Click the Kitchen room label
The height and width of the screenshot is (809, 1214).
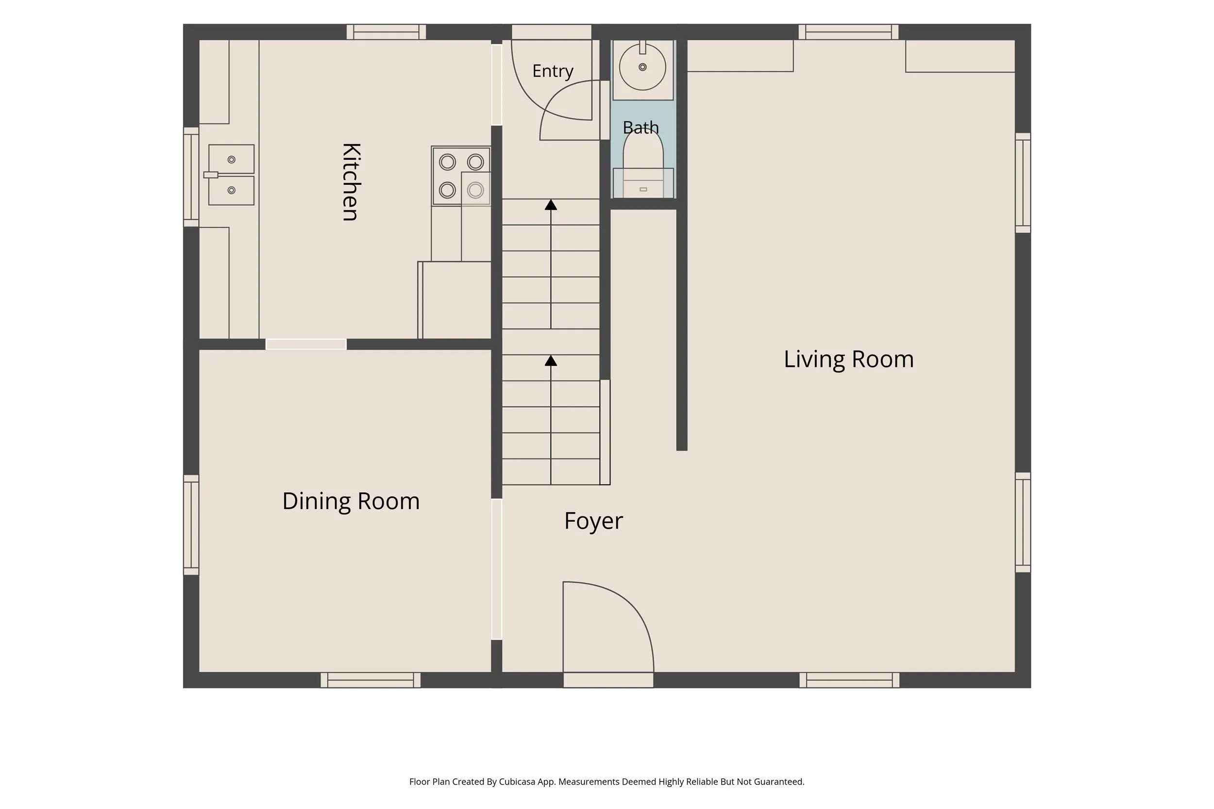click(x=351, y=182)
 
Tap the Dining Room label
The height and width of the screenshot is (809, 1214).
click(x=351, y=501)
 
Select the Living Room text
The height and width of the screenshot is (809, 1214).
click(x=848, y=360)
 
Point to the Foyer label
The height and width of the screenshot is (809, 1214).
click(x=593, y=521)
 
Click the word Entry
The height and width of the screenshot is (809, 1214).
click(x=553, y=71)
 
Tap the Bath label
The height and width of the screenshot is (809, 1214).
click(x=641, y=127)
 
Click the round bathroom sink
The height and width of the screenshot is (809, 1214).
click(x=642, y=67)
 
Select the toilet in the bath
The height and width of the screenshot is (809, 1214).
click(x=643, y=164)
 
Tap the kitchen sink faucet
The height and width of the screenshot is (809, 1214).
click(x=211, y=175)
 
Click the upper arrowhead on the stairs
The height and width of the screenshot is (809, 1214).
click(x=551, y=205)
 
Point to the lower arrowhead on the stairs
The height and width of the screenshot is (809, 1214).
click(x=551, y=361)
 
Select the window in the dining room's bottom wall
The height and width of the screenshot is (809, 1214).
click(x=371, y=680)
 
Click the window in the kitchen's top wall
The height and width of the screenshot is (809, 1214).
click(x=386, y=32)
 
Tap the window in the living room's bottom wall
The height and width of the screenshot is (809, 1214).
click(x=849, y=680)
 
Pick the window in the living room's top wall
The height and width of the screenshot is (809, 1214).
click(x=848, y=32)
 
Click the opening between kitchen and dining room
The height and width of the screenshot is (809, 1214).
click(x=306, y=344)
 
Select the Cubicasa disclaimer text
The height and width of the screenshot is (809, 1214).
click(x=607, y=782)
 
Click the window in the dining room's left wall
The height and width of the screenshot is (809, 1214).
click(x=191, y=525)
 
